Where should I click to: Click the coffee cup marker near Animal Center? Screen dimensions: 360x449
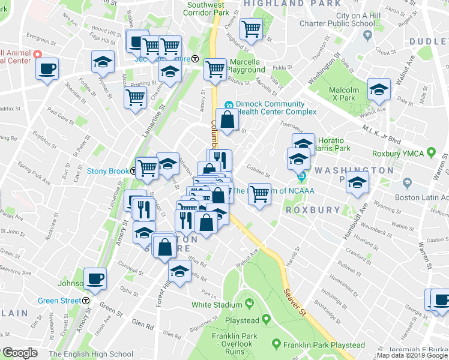coord(47,68)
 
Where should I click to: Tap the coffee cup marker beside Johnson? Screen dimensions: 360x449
coord(95,279)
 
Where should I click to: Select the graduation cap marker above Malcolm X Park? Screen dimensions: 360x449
coord(379,90)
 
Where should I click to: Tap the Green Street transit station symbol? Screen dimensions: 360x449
coord(86,301)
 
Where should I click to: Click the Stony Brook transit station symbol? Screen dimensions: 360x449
coord(133,171)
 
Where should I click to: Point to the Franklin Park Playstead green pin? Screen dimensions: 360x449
coord(276,344)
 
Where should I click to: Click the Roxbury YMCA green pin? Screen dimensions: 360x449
coord(430,153)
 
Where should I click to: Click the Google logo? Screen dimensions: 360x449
coord(20,353)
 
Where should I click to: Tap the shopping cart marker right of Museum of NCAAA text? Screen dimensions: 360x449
coord(259,194)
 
